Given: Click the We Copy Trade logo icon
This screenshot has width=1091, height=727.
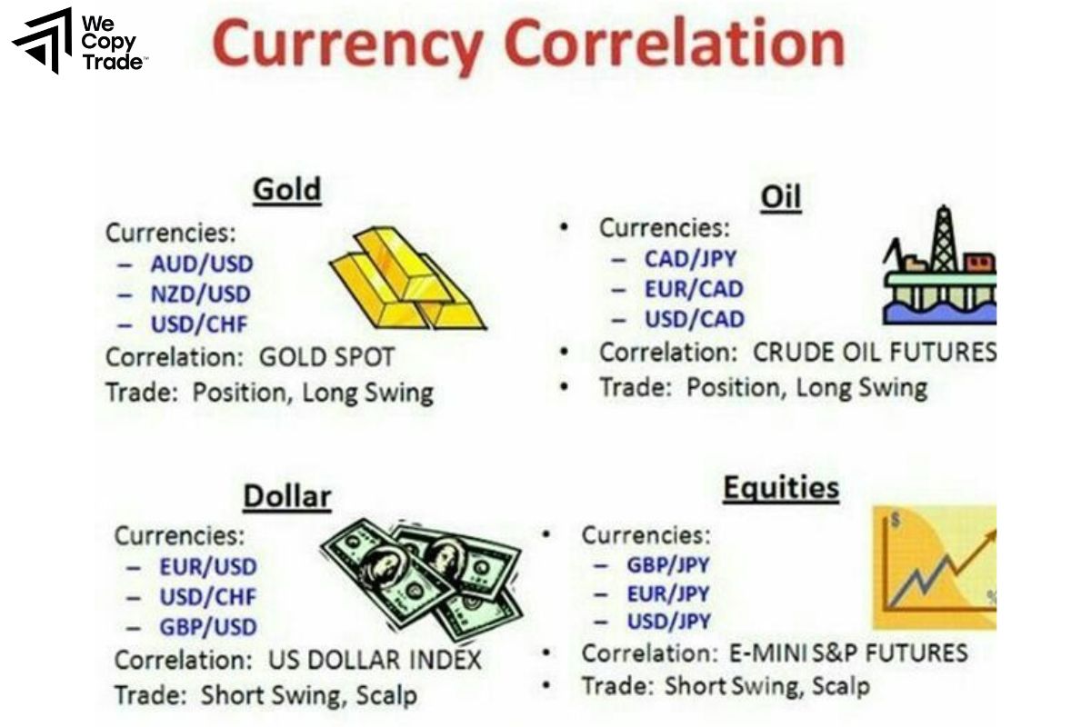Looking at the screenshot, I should click(x=42, y=41).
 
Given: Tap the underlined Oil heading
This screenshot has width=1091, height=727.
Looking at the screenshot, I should click(x=780, y=197).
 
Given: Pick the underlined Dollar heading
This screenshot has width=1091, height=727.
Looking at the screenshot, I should click(x=286, y=497).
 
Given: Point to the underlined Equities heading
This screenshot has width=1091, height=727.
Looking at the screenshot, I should click(x=780, y=489).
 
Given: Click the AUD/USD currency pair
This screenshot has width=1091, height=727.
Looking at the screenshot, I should click(x=202, y=264).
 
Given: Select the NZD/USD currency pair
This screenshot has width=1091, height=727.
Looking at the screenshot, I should click(x=200, y=294).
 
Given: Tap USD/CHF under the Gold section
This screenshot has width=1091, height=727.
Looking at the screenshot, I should click(x=198, y=324).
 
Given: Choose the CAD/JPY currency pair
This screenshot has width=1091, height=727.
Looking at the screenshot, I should click(x=690, y=259).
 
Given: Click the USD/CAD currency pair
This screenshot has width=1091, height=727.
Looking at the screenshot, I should click(x=694, y=319).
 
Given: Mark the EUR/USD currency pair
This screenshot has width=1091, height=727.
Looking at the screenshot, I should click(x=207, y=567).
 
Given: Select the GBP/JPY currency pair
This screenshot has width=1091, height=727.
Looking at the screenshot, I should click(x=667, y=564).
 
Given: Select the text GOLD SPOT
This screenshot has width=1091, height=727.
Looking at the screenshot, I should click(x=326, y=357).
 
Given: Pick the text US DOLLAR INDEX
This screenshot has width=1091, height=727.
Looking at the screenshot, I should click(x=375, y=660).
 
